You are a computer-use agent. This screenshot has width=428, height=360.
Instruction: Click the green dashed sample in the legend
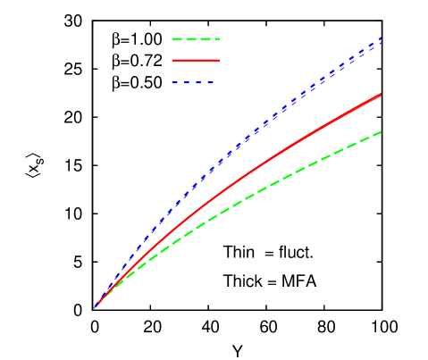tap(195, 39)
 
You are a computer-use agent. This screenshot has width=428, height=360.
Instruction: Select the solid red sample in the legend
tap(195, 61)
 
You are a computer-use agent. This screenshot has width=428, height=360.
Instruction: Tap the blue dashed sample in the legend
tap(193, 83)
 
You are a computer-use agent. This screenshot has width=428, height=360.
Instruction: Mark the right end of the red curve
tap(382, 94)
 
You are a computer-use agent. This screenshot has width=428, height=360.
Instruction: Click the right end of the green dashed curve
tap(382, 132)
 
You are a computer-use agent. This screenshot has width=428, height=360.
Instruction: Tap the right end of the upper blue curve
tap(382, 38)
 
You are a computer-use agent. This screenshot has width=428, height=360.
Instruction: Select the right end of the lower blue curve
tap(382, 43)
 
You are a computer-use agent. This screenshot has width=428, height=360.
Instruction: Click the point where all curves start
tap(96, 306)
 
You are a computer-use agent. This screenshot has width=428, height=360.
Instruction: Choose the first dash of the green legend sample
tap(177, 39)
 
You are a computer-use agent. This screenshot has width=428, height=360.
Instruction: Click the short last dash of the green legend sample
tap(218, 39)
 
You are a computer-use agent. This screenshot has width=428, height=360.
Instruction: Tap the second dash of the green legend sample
tap(190, 39)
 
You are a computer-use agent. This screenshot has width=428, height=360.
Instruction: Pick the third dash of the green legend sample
tap(205, 39)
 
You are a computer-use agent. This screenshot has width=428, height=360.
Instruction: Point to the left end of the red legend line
tap(172, 61)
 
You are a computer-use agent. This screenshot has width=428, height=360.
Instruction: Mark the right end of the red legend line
tap(219, 61)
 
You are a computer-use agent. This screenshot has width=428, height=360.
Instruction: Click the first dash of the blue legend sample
tap(175, 83)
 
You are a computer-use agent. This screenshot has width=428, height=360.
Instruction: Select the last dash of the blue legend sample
tap(211, 83)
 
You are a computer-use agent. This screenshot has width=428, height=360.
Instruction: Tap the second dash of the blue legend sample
tap(187, 83)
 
